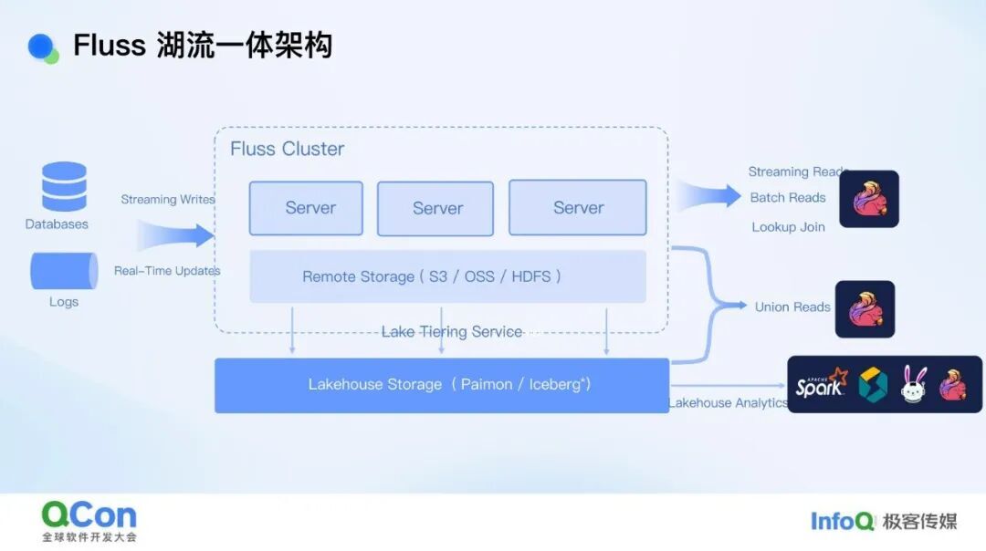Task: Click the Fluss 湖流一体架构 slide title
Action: pyautogui.click(x=202, y=45)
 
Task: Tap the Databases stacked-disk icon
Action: pyautogui.click(x=64, y=186)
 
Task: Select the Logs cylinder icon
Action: pyautogui.click(x=64, y=271)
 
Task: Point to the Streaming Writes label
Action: pyautogui.click(x=168, y=200)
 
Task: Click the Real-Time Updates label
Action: pyautogui.click(x=167, y=271)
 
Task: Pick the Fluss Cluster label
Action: pyautogui.click(x=287, y=149)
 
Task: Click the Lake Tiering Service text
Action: pyautogui.click(x=452, y=331)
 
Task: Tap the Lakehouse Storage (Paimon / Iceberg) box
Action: pyautogui.click(x=442, y=385)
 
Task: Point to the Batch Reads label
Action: pyautogui.click(x=788, y=198)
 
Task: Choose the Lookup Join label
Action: pyautogui.click(x=788, y=227)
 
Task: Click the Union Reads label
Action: pyautogui.click(x=792, y=307)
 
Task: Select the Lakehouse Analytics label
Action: pyautogui.click(x=729, y=403)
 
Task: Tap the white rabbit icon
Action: pyautogui.click(x=914, y=385)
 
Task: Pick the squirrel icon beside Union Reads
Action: pyautogui.click(x=865, y=309)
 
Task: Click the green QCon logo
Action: pyautogui.click(x=89, y=515)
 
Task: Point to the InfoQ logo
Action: pyautogui.click(x=843, y=521)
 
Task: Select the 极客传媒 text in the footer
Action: pyautogui.click(x=919, y=522)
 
